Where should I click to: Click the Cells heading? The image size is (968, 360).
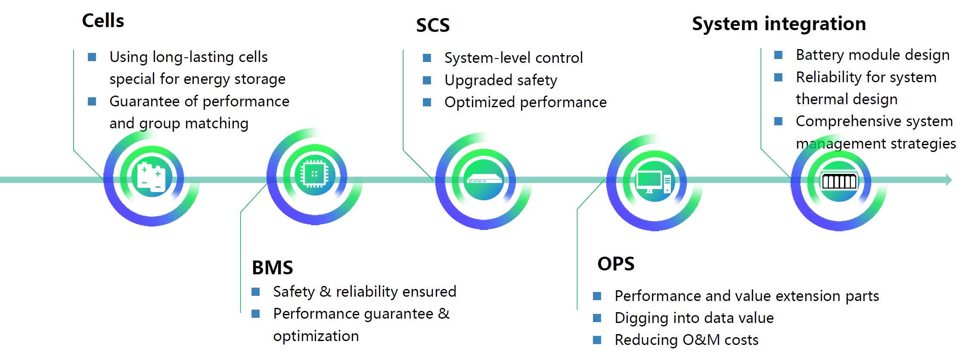(103, 21)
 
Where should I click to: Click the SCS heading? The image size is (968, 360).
(433, 25)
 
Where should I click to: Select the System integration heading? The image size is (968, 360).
(779, 24)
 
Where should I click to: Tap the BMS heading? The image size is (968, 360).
(272, 267)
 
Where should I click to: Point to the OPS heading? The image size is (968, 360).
(616, 264)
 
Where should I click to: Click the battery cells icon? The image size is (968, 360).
(151, 177)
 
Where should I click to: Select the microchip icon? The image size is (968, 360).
(315, 174)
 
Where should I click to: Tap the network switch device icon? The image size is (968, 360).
(484, 179)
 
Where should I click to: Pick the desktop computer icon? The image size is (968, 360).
(653, 182)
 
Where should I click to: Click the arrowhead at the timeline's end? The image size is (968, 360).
(948, 180)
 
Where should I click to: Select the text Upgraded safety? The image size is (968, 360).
(501, 81)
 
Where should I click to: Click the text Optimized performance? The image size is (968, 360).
(525, 102)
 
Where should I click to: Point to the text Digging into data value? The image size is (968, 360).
(694, 318)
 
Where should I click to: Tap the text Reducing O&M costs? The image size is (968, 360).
(686, 340)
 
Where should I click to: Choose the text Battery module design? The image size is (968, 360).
(873, 55)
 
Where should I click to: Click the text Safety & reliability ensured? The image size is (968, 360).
(365, 292)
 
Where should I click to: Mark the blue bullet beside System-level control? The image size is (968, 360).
(427, 58)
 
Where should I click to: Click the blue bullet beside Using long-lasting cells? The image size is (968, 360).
(92, 57)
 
